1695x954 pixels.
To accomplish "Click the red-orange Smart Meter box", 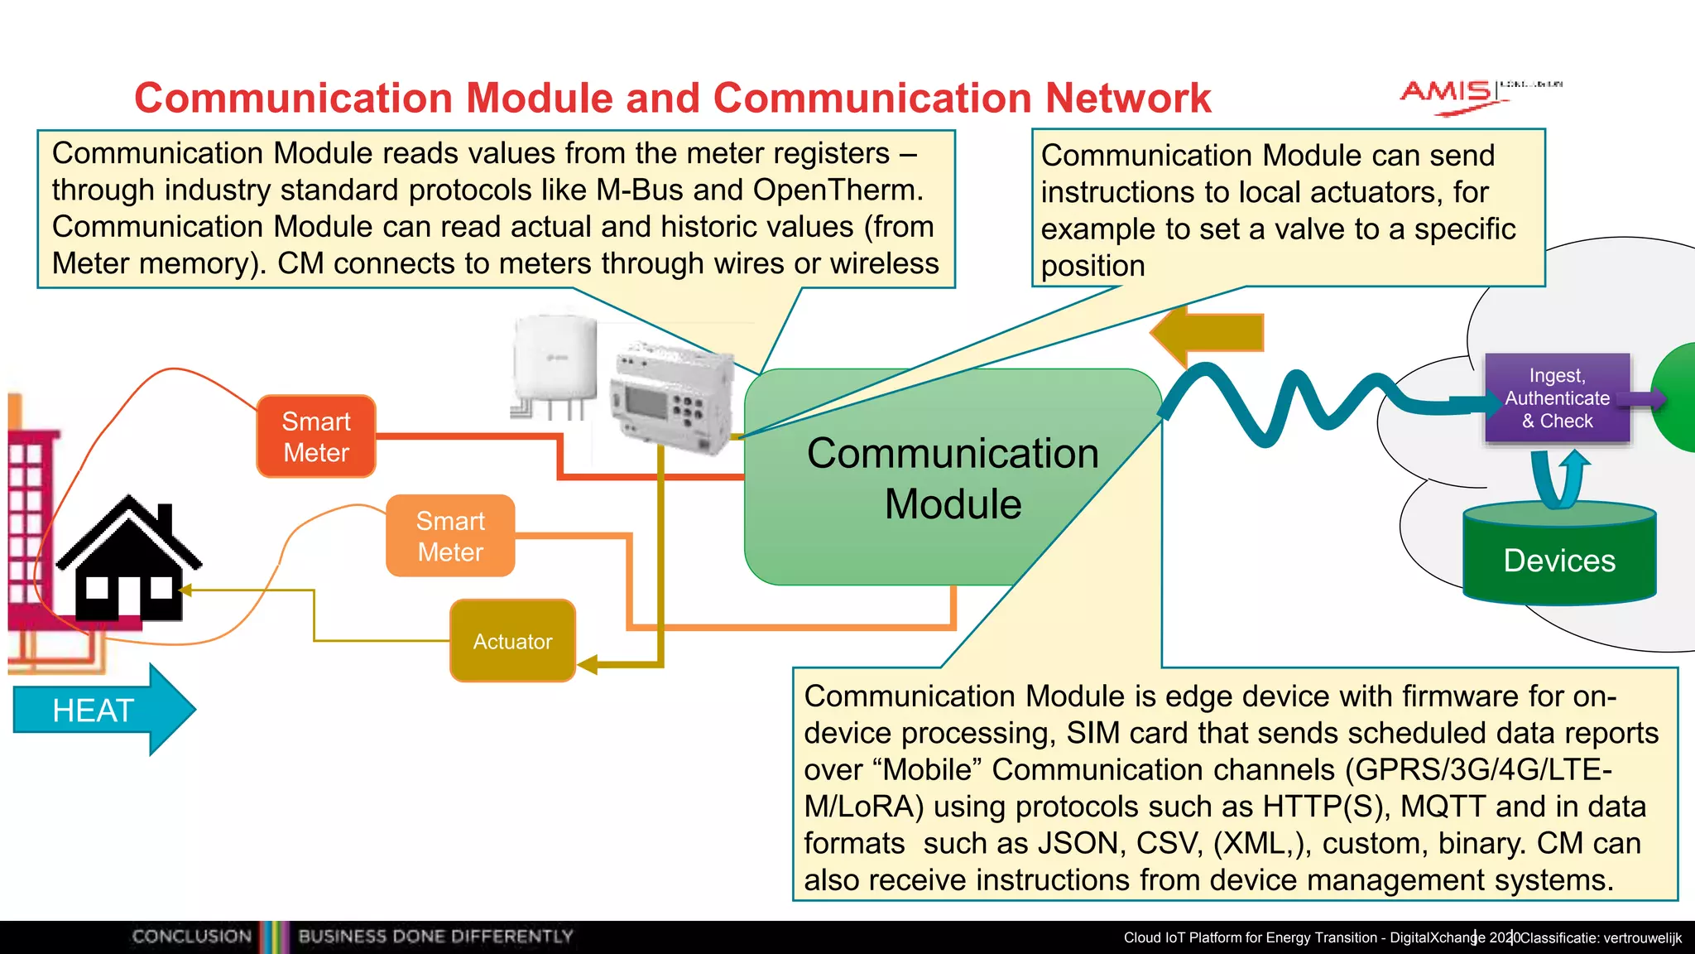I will click(x=316, y=436).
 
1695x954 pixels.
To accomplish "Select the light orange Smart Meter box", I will click(x=450, y=536).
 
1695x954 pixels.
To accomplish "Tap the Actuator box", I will click(x=512, y=641).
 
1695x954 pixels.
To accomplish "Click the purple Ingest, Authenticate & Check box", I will click(x=1557, y=398).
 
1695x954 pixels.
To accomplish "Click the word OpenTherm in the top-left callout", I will click(x=836, y=190).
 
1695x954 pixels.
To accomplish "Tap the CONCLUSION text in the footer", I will click(x=191, y=937).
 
